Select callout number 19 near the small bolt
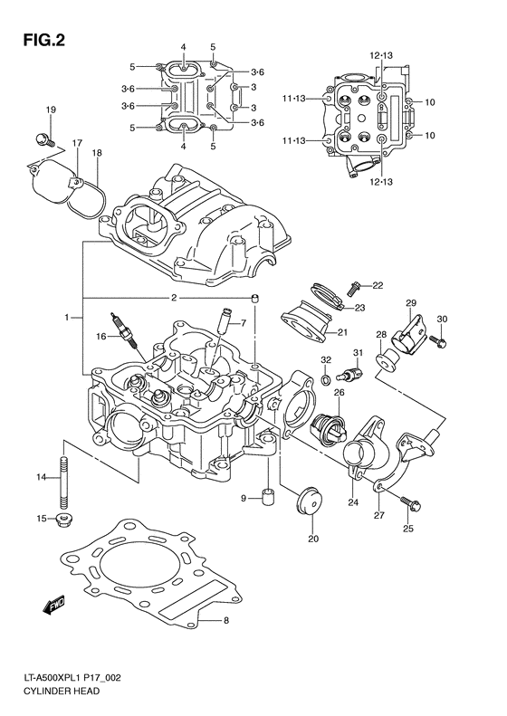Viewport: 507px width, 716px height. coord(51,110)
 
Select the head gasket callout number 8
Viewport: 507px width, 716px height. coord(226,620)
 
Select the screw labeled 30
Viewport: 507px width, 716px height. coord(437,341)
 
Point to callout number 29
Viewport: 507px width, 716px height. coord(410,302)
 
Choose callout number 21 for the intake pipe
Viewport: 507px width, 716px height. coord(343,332)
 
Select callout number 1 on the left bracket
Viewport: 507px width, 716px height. coord(67,318)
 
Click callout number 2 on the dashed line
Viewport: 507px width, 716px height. coord(172,298)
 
